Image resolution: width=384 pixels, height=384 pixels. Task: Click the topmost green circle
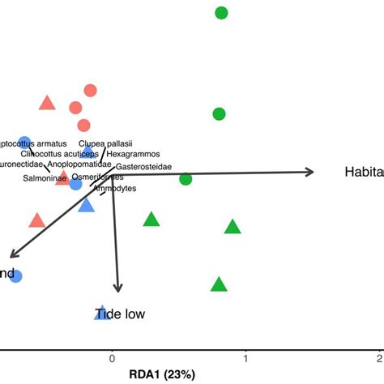(x=221, y=13)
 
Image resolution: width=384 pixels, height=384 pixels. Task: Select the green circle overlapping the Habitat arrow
(x=186, y=178)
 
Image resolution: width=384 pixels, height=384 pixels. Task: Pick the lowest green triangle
(x=219, y=284)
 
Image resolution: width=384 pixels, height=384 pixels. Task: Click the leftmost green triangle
(x=151, y=220)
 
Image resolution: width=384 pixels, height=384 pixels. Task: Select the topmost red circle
(x=90, y=91)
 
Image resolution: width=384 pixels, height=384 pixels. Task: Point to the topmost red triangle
(x=47, y=103)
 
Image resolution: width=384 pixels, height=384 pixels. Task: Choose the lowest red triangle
(x=36, y=220)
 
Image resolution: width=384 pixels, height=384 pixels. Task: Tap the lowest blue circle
(x=15, y=276)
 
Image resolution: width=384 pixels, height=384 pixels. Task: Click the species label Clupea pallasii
(x=105, y=143)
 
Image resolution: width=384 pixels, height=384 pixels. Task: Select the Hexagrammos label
(x=134, y=154)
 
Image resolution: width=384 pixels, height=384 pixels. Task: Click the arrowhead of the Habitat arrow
(x=310, y=171)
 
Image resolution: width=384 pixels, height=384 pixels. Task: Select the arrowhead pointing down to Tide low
(x=119, y=288)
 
